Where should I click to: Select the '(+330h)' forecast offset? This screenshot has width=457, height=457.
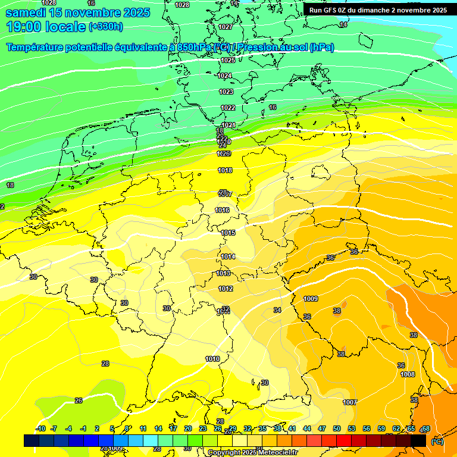tap(106, 27)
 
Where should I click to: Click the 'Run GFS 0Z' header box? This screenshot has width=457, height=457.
tap(378, 10)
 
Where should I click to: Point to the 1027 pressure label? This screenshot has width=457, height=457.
tap(226, 27)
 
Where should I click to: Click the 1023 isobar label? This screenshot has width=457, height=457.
tap(226, 92)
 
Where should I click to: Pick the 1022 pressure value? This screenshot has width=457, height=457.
tap(228, 108)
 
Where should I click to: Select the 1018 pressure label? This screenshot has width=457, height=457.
tap(225, 171)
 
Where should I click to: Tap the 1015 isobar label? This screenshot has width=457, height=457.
tap(228, 233)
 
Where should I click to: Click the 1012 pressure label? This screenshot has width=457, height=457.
tap(226, 289)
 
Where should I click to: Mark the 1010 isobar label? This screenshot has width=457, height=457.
tap(212, 359)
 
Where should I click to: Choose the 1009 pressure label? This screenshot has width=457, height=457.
tap(311, 299)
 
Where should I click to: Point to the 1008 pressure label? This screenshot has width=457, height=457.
tap(408, 374)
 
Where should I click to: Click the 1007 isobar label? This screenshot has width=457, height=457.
tap(350, 402)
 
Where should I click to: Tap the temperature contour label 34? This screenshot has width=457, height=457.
tap(277, 310)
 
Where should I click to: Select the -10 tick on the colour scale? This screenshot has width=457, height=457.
tap(40, 428)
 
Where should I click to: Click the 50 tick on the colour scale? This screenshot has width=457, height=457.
tap(337, 428)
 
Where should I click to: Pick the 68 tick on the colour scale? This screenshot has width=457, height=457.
tap(425, 428)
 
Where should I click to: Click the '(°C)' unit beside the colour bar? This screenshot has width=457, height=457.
tap(437, 442)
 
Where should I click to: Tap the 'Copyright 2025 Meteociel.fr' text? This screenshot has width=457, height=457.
tap(252, 452)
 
